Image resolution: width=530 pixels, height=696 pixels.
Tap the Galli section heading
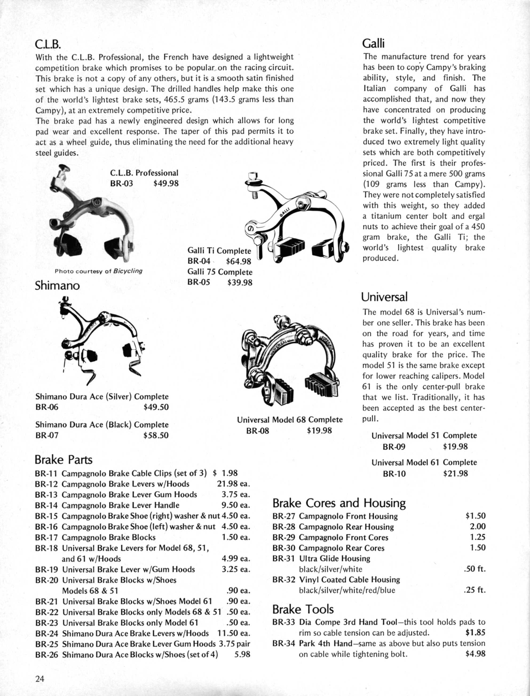click(x=374, y=43)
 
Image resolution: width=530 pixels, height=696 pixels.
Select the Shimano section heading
click(x=57, y=285)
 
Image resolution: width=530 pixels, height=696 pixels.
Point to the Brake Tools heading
click(x=303, y=609)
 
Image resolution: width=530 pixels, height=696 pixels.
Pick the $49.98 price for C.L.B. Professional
click(x=166, y=183)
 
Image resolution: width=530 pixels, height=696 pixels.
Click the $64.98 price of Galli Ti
click(x=239, y=261)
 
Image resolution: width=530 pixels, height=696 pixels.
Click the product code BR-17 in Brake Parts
click(x=46, y=537)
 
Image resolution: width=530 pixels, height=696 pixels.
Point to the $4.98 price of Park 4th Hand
click(x=475, y=653)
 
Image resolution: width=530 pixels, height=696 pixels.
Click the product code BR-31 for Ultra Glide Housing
click(x=284, y=559)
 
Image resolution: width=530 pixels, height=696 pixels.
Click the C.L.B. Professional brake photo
click(x=92, y=214)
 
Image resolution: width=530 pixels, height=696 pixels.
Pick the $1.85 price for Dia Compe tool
click(x=475, y=632)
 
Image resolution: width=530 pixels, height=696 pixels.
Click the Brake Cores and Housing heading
click(x=339, y=503)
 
